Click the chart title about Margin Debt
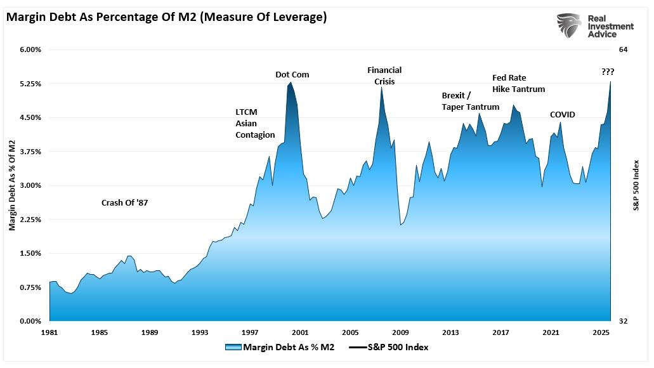(x=166, y=17)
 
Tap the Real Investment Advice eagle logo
(x=570, y=27)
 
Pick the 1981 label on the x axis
(x=49, y=332)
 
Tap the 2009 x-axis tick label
(x=400, y=332)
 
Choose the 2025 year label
(x=601, y=332)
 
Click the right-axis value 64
(x=623, y=49)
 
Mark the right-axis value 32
(x=623, y=322)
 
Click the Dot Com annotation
(x=292, y=75)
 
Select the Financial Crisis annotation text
(x=384, y=76)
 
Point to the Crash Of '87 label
(x=129, y=203)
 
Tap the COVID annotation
(x=562, y=115)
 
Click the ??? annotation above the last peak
(x=608, y=72)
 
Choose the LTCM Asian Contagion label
(x=255, y=123)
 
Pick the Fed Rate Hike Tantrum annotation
(x=518, y=84)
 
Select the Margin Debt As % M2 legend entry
(x=279, y=347)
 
